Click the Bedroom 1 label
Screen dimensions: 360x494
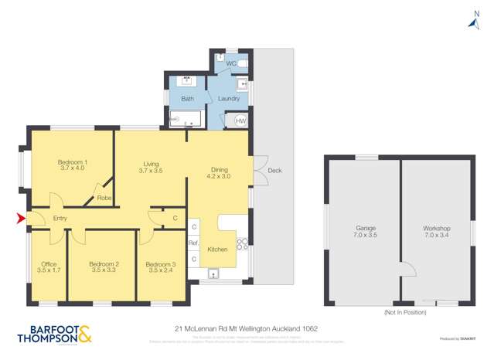[72, 162]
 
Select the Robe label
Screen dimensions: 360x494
[104, 199]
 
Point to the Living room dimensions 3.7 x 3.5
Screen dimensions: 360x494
[151, 171]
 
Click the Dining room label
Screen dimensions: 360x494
[219, 168]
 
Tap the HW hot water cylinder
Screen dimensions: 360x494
[240, 121]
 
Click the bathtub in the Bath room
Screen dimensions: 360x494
[186, 120]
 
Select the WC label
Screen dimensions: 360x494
[230, 63]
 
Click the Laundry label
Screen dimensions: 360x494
[229, 99]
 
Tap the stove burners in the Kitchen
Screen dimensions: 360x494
[242, 244]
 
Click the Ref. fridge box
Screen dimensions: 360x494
[193, 243]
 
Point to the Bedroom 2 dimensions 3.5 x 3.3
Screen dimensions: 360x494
[103, 271]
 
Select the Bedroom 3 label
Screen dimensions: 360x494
[161, 264]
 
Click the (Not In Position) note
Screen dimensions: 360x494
[405, 312]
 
